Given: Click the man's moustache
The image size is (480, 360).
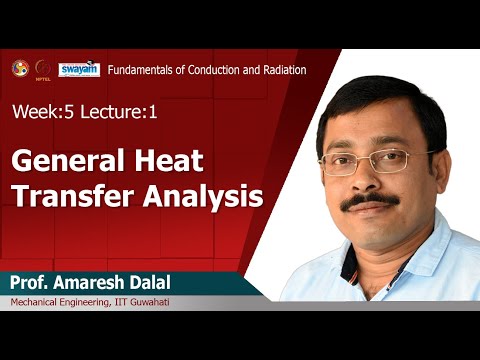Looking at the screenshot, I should coord(371,203).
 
